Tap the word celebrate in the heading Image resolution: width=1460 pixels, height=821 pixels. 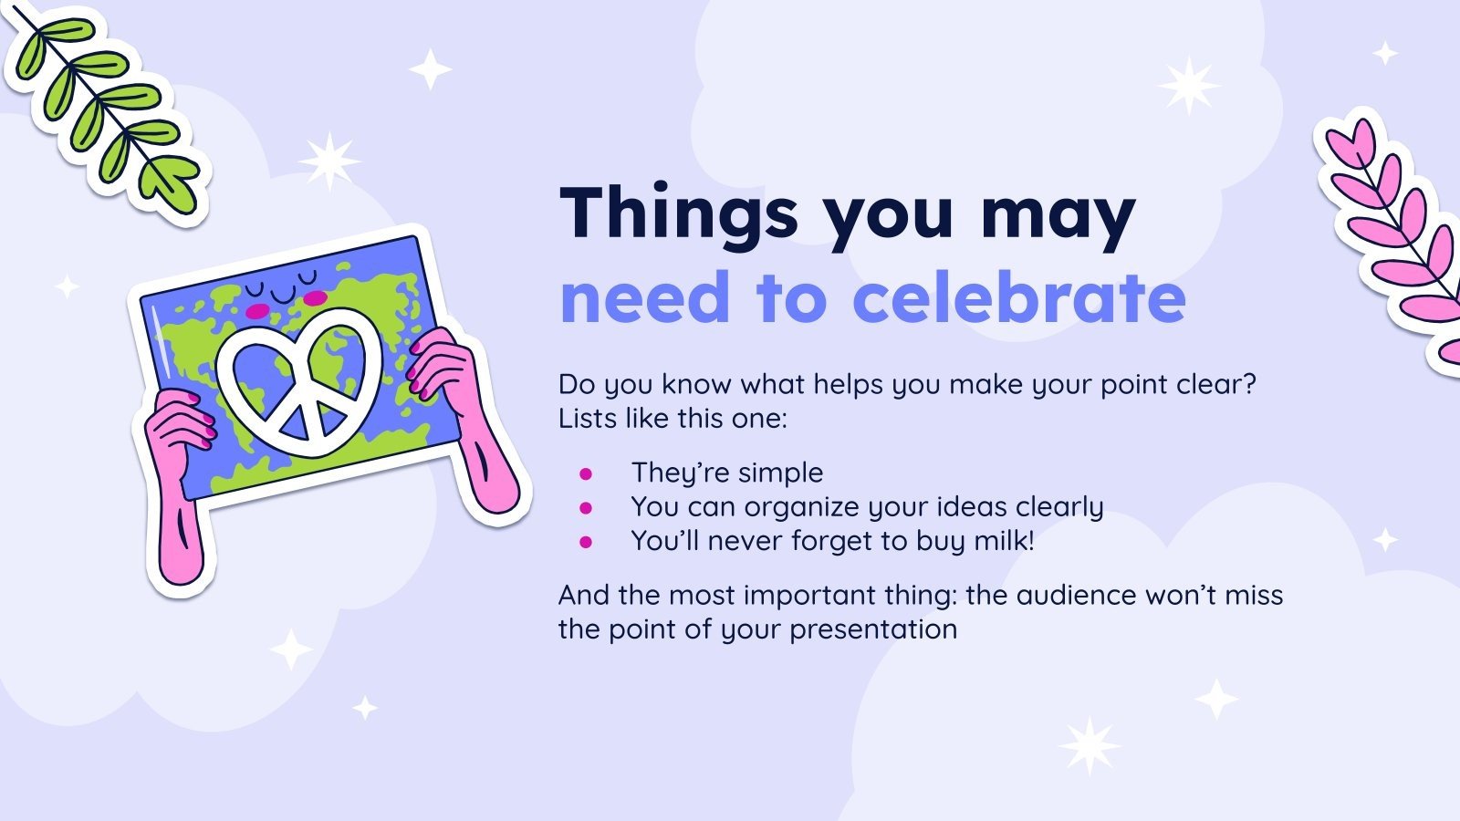1018,297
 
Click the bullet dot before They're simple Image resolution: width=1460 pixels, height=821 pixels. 586,473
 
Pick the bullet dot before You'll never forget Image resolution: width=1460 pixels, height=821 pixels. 586,542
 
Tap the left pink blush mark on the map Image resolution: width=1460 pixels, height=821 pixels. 257,311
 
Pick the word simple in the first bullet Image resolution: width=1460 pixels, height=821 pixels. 781,473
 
